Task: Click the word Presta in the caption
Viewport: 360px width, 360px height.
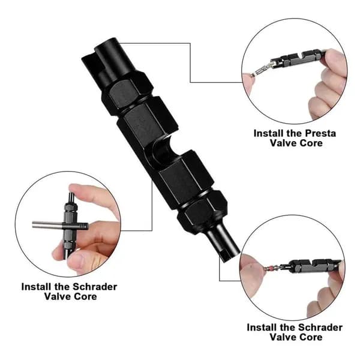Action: click(320, 133)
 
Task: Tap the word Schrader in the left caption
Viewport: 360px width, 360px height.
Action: click(95, 287)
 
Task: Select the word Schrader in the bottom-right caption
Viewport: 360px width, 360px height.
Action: click(320, 328)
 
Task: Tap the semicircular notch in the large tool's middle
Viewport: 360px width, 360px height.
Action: click(162, 151)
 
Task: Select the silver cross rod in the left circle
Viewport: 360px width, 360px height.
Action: click(59, 225)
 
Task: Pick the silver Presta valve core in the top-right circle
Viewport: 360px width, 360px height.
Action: click(262, 69)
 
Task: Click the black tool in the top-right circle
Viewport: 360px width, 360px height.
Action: click(298, 59)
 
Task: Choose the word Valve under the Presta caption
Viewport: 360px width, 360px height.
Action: click(283, 143)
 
